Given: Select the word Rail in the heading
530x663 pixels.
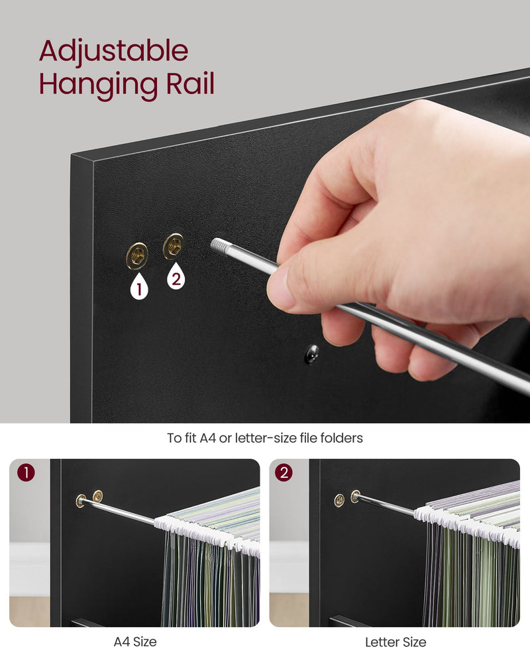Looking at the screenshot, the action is (190, 83).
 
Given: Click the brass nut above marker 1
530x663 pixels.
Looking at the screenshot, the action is (137, 256).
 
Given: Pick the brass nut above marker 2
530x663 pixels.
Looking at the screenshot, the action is (174, 246).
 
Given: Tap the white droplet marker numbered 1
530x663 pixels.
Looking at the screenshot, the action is (139, 286).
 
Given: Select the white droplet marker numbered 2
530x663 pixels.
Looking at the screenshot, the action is (176, 276).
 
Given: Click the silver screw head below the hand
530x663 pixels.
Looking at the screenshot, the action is (312, 354).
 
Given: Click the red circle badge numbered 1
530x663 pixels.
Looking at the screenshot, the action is (26, 473).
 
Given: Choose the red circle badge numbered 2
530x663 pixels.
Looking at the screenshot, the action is (284, 472).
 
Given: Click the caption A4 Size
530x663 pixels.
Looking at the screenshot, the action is (135, 642).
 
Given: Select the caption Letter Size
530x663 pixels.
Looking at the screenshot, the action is (396, 642).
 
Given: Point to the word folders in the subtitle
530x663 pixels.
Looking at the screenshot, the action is (341, 438).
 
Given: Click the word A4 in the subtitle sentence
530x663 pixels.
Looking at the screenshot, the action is (208, 438).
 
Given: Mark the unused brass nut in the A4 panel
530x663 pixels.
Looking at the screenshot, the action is (98, 496).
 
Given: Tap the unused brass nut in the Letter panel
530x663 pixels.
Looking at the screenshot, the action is (339, 500).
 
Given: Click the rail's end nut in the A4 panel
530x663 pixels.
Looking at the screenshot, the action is (81, 501).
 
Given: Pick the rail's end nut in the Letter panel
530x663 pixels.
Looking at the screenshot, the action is (356, 496).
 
